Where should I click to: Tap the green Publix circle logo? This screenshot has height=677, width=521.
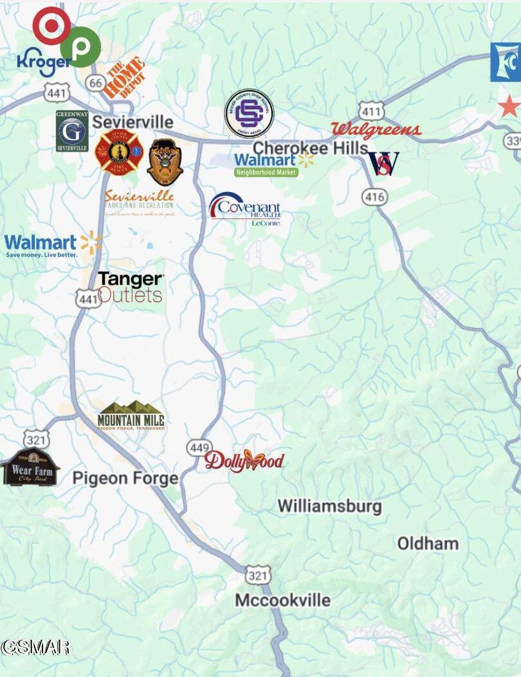(x=80, y=47)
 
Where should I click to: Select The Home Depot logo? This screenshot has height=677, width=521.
(x=123, y=78)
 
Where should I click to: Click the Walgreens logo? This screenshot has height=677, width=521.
(x=376, y=130)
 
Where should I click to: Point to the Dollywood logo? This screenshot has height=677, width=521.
(x=244, y=461)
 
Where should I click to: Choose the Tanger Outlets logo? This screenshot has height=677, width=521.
(x=131, y=286)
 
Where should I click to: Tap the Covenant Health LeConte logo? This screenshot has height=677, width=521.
(x=245, y=208)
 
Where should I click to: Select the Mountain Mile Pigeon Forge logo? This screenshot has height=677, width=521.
(x=131, y=416)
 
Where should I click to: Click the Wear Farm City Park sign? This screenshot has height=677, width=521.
(x=30, y=467)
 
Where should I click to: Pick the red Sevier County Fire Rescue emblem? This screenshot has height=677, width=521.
(x=119, y=152)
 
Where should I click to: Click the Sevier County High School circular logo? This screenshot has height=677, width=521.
(x=249, y=114)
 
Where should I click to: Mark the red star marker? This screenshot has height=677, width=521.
(x=509, y=106)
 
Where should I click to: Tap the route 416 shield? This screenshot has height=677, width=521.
(x=374, y=196)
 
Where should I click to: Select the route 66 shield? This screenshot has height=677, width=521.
(x=96, y=83)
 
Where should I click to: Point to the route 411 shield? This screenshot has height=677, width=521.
(x=372, y=110)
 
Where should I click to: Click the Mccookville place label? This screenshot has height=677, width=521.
(x=282, y=600)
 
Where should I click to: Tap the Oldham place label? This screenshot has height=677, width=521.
(x=428, y=543)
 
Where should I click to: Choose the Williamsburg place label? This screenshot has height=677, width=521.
(x=329, y=506)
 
